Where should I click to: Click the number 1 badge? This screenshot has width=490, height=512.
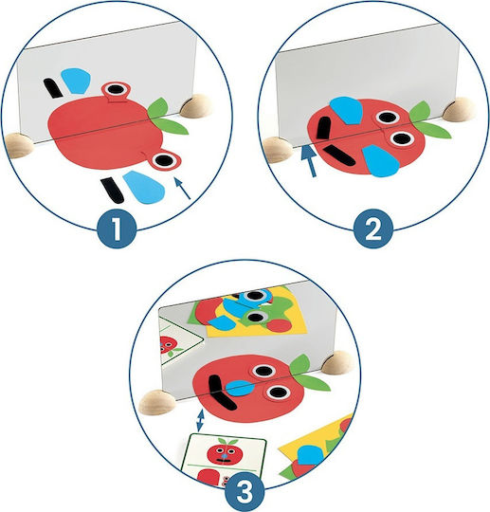click(x=117, y=228)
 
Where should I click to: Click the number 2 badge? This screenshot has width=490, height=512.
click(x=373, y=228)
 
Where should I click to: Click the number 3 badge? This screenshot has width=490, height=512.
click(x=245, y=491)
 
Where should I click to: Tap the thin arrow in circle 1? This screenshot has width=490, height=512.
click(x=182, y=188)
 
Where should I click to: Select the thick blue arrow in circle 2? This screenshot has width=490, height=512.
click(x=309, y=161)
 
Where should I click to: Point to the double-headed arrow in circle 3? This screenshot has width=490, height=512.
click(x=200, y=420)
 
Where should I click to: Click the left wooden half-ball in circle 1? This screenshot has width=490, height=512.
click(x=19, y=145)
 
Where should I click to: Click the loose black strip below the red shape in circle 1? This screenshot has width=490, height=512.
click(x=112, y=191)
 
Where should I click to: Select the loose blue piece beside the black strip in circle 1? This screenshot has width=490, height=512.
click(x=144, y=187)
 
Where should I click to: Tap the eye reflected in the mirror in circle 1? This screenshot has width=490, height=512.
click(x=116, y=89)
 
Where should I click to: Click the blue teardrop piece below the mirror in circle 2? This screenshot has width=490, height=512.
click(x=381, y=161)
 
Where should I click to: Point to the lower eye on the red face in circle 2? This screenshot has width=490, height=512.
click(x=402, y=139)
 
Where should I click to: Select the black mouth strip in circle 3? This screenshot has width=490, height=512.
click(x=220, y=393)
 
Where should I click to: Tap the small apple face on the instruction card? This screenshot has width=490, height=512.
click(x=224, y=451)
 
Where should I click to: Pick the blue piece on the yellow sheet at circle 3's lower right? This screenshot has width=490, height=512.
click(x=310, y=455)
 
